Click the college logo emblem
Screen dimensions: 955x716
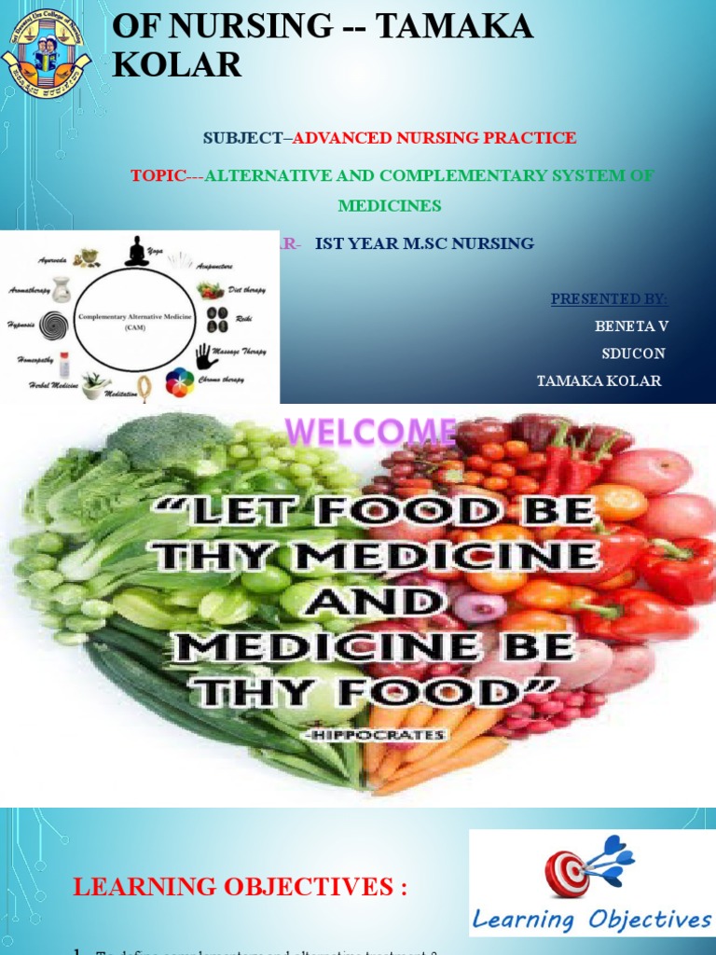(x=46, y=51)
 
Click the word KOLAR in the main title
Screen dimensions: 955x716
(x=176, y=65)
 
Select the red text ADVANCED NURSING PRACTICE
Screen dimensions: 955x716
(x=434, y=138)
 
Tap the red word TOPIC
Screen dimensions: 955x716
(x=158, y=176)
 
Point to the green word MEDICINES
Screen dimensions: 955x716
(x=390, y=205)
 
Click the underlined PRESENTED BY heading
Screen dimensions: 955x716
(x=609, y=298)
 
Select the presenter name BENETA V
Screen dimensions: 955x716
(x=631, y=325)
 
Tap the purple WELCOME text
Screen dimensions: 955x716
(x=370, y=433)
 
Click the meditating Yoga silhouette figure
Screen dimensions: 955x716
(x=136, y=252)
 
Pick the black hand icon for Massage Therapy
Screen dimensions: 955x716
(x=207, y=356)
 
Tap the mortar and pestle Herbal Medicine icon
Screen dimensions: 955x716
(x=95, y=385)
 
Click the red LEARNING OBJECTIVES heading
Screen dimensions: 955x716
(x=240, y=887)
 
